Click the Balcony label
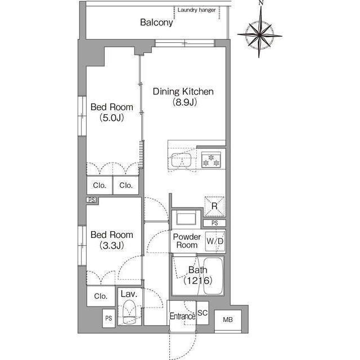pyautogui.click(x=156, y=22)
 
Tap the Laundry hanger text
pyautogui.click(x=196, y=10)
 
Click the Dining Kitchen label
pyautogui.click(x=183, y=91)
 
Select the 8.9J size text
pyautogui.click(x=185, y=102)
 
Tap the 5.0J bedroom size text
pyautogui.click(x=112, y=118)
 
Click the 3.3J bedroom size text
pyautogui.click(x=112, y=246)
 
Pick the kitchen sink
pyautogui.click(x=181, y=160)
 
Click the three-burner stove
pyautogui.click(x=211, y=160)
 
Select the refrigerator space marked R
pyautogui.click(x=214, y=206)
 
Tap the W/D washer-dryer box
pyautogui.click(x=215, y=241)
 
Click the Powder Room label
pyautogui.click(x=187, y=241)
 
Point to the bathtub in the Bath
pyautogui.click(x=213, y=276)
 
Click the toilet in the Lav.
pyautogui.click(x=129, y=312)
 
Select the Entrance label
pyautogui.click(x=182, y=316)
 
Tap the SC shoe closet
pyautogui.click(x=202, y=313)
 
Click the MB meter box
pyautogui.click(x=228, y=319)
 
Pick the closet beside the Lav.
pyautogui.click(x=101, y=296)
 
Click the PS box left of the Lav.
pyautogui.click(x=109, y=318)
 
